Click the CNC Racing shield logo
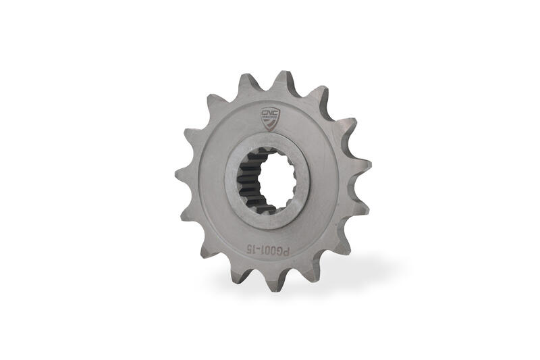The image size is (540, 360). tap(269, 118)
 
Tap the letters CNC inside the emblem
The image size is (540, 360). tap(269, 113)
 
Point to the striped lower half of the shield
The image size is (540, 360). tap(269, 123)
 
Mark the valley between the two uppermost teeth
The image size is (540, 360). tap(265, 88)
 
